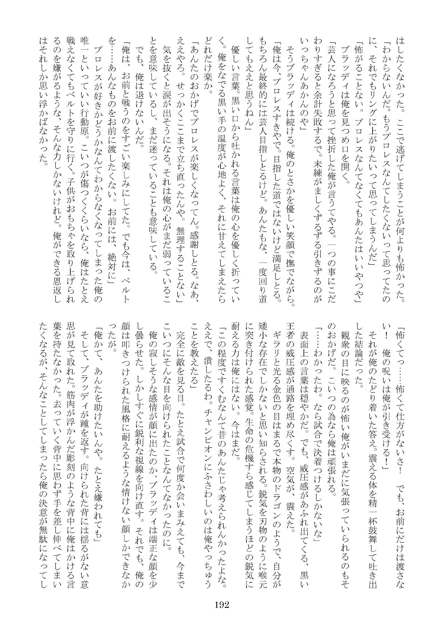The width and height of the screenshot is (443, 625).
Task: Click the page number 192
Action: pyautogui.click(x=221, y=593)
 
